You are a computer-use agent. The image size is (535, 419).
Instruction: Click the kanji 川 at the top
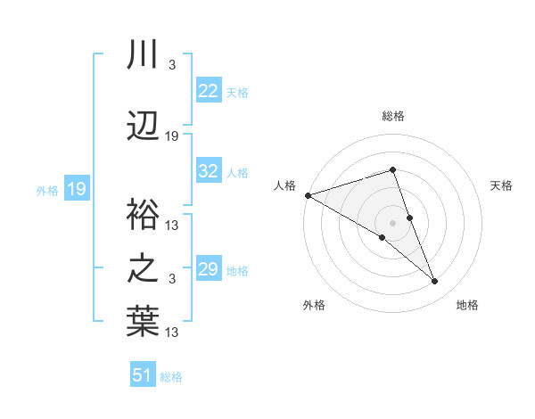pyautogui.click(x=143, y=55)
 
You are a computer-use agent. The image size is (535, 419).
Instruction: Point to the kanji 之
pyautogui.click(x=143, y=268)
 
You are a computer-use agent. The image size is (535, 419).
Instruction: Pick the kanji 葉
pyautogui.click(x=143, y=323)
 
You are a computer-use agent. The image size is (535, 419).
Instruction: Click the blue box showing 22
pyautogui.click(x=209, y=91)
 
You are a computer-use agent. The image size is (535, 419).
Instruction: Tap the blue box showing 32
pyautogui.click(x=209, y=172)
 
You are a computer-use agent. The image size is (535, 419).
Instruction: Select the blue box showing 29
pyautogui.click(x=209, y=270)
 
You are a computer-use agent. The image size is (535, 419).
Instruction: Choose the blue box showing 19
pyautogui.click(x=76, y=189)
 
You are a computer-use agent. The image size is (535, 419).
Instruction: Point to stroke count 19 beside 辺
pyautogui.click(x=172, y=136)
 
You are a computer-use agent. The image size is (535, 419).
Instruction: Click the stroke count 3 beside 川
pyautogui.click(x=171, y=65)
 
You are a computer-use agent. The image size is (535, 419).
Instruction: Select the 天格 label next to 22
pyautogui.click(x=237, y=92)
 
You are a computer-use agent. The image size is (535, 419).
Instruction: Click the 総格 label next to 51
pyautogui.click(x=171, y=377)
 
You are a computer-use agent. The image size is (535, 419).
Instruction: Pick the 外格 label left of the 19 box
pyautogui.click(x=47, y=190)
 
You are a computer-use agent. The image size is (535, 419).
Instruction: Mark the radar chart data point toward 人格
pyautogui.click(x=308, y=195)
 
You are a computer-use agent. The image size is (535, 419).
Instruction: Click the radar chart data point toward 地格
pyautogui.click(x=435, y=282)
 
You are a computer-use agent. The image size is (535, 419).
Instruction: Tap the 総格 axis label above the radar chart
pyautogui.click(x=393, y=116)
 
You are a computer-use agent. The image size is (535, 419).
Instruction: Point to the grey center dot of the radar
pyautogui.click(x=393, y=221)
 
